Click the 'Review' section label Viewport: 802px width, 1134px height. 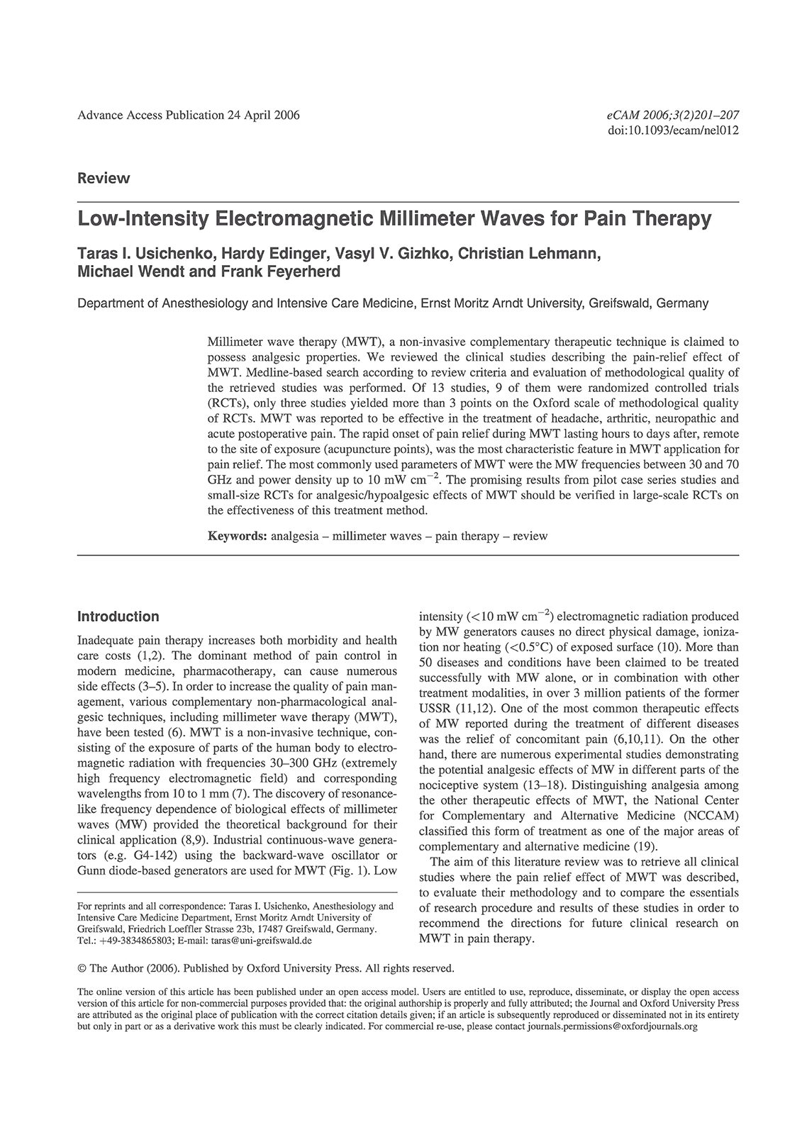pos(104,179)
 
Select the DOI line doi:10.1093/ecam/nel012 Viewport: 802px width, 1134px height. pos(674,130)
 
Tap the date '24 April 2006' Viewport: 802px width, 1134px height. pos(263,116)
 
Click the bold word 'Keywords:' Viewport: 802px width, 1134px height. pos(237,536)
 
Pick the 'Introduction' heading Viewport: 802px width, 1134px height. pos(118,617)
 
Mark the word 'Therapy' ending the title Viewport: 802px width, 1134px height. pos(674,219)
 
